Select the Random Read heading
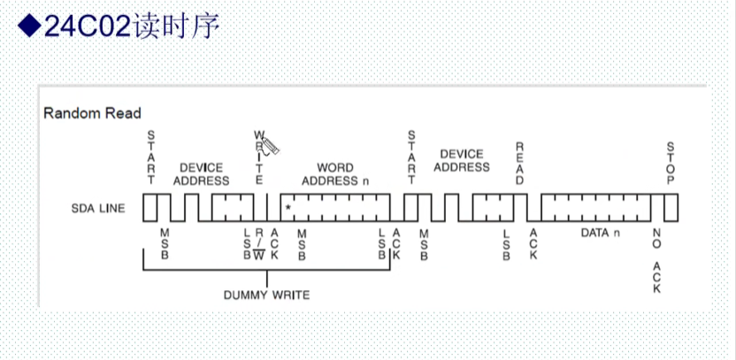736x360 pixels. (92, 113)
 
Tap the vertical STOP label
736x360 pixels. (671, 163)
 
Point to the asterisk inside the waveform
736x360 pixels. (288, 209)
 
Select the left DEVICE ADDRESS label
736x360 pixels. (201, 174)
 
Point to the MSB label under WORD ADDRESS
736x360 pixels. (303, 244)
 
